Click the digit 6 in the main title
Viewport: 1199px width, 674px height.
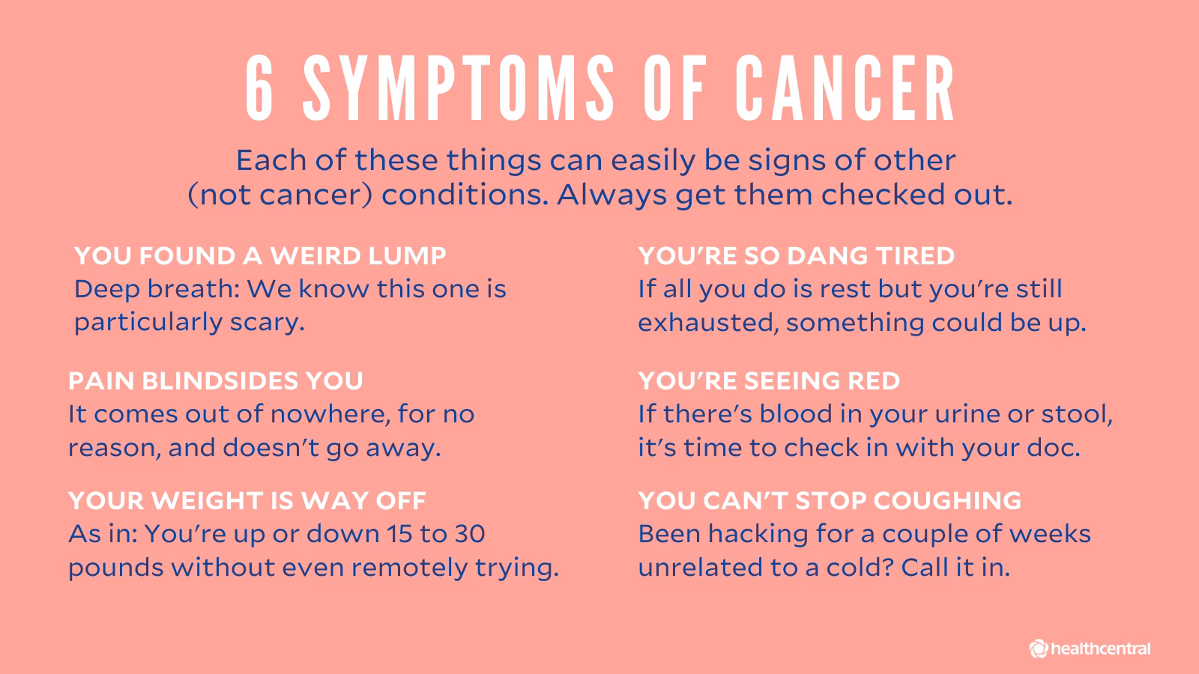260,88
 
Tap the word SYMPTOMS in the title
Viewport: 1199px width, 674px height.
459,88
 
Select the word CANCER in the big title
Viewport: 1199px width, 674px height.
845,88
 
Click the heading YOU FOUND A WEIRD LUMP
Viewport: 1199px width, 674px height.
260,256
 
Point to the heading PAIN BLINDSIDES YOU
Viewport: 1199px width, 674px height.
216,381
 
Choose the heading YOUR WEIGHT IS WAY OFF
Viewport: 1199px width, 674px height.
247,500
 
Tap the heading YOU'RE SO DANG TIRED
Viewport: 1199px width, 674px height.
797,256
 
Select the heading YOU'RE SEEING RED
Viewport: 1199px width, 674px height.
769,381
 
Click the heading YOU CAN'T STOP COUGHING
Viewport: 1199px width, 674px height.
830,500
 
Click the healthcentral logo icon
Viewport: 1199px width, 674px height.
1039,649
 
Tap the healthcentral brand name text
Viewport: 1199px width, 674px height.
1101,649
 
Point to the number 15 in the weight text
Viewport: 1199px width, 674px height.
399,534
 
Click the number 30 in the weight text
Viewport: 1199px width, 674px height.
468,534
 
